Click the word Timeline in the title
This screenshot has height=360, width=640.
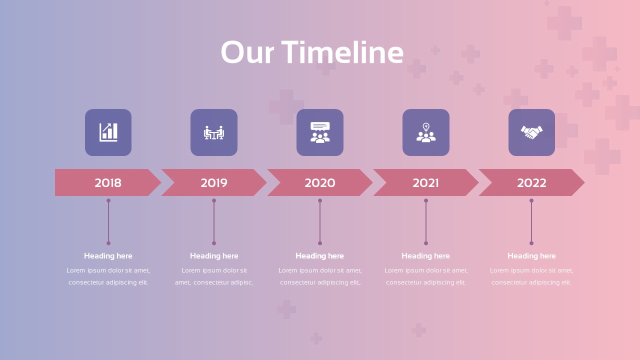(342, 52)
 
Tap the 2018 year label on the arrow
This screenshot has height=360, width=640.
(108, 183)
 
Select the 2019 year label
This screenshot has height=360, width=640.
(214, 183)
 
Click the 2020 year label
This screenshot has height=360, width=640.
(320, 183)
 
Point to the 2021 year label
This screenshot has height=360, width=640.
(425, 183)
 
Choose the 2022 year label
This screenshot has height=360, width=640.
(531, 183)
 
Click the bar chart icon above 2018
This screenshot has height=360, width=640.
(108, 132)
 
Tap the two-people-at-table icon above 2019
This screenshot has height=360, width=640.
(214, 132)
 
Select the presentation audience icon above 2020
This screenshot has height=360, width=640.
(320, 132)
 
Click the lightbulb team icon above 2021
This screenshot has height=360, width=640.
(426, 132)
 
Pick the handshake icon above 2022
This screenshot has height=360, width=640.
(531, 132)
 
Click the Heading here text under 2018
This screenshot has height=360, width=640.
(108, 256)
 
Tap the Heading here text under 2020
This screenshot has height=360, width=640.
(320, 256)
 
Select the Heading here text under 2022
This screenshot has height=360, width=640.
(531, 256)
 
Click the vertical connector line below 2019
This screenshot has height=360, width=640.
(214, 222)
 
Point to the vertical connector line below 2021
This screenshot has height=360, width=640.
(426, 222)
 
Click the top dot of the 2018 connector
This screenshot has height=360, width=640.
(108, 200)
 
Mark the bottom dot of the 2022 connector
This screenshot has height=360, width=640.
(531, 243)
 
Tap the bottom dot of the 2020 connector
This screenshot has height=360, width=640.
(320, 243)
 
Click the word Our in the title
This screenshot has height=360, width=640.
(247, 52)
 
